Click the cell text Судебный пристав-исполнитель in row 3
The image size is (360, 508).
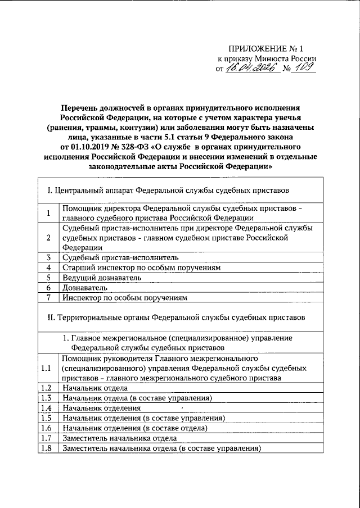pyautogui.click(x=120, y=257)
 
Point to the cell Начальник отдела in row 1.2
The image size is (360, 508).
pyautogui.click(x=95, y=388)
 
